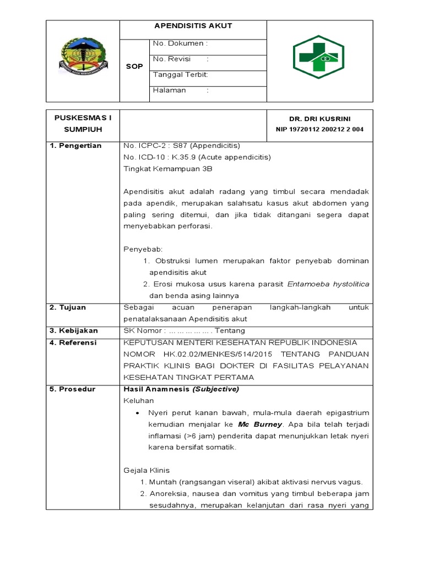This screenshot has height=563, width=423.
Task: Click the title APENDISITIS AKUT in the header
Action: click(x=193, y=26)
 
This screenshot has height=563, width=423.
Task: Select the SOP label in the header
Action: click(x=134, y=67)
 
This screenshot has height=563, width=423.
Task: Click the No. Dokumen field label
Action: click(x=180, y=43)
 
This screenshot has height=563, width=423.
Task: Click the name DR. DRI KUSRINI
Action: click(x=319, y=119)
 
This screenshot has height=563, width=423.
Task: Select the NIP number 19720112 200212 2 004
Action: click(x=319, y=129)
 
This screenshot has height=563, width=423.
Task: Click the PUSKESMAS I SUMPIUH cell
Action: click(x=83, y=124)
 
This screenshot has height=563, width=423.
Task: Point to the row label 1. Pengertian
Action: click(x=76, y=146)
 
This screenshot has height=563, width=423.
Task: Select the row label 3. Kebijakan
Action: click(x=74, y=330)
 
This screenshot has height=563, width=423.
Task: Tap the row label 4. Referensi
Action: click(x=73, y=343)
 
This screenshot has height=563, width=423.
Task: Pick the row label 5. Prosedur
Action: click(x=72, y=389)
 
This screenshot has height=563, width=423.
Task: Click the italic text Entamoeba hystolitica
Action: click(x=328, y=284)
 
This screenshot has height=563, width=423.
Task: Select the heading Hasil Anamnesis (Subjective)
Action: click(x=181, y=389)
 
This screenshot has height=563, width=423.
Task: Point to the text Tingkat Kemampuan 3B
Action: click(x=168, y=169)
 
